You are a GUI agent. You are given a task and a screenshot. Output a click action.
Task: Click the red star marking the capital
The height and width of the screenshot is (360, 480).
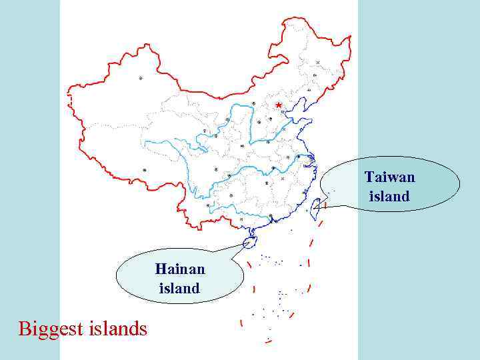[x=278, y=105]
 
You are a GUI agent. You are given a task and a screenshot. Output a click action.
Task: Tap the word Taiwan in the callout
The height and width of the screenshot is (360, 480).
[x=389, y=177]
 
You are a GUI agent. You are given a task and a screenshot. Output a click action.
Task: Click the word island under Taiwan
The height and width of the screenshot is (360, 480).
[x=389, y=197]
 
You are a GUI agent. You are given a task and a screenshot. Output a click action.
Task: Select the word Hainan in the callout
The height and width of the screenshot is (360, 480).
[x=180, y=269]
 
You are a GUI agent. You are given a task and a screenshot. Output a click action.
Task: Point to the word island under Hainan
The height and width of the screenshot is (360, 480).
[x=179, y=289]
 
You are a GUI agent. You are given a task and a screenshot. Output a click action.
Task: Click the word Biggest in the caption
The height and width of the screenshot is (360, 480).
[x=51, y=329]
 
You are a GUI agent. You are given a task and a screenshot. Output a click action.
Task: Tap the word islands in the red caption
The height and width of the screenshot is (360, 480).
[x=117, y=329]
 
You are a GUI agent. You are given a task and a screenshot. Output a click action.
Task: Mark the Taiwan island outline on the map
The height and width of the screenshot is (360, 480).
[x=316, y=205]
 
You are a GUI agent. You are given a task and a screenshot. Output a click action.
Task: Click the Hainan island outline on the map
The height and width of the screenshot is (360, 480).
[x=251, y=242]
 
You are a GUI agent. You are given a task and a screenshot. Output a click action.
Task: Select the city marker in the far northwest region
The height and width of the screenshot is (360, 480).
[x=140, y=78]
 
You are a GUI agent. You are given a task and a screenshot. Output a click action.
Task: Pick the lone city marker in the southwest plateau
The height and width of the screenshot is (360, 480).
[x=145, y=170]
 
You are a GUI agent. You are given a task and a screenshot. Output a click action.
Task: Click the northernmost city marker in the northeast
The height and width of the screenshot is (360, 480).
[x=318, y=63]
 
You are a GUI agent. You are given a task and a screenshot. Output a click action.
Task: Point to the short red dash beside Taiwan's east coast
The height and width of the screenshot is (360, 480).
[x=326, y=205]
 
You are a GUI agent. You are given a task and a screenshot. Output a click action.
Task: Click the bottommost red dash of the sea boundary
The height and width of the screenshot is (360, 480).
[x=268, y=341]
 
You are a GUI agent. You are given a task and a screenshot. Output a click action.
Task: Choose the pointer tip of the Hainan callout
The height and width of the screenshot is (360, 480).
[x=247, y=244]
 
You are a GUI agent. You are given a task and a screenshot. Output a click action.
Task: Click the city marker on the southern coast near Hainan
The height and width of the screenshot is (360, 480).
[x=271, y=218]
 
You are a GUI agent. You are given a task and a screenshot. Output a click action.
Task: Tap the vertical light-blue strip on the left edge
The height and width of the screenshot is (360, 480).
[x=29, y=180]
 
